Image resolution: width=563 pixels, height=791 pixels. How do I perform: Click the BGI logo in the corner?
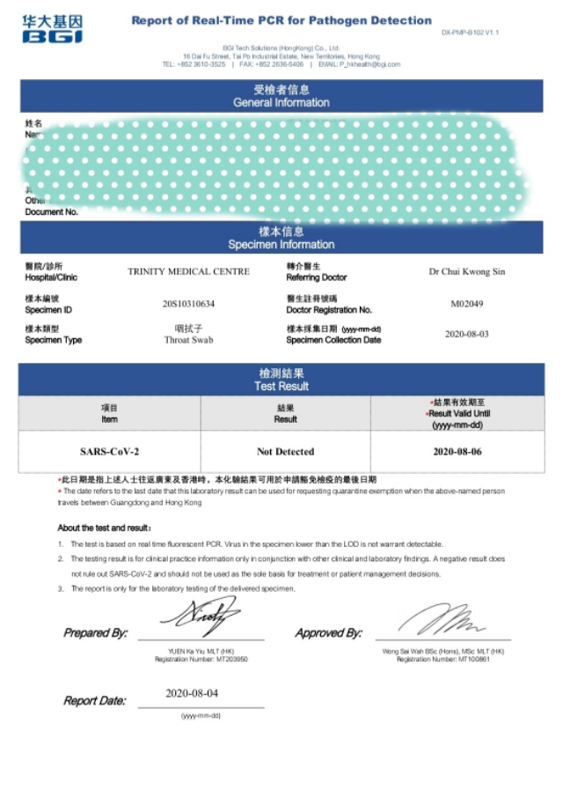[53, 29]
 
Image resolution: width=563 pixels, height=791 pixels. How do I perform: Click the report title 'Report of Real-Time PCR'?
[281, 20]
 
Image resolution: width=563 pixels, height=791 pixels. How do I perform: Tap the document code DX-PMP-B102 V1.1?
[470, 33]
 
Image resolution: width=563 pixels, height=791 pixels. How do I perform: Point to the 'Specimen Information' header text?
[281, 244]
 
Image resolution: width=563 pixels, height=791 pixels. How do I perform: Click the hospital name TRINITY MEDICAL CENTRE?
[188, 271]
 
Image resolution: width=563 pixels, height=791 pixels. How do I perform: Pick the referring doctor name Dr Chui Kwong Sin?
[466, 271]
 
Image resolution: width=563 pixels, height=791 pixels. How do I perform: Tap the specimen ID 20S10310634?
[188, 304]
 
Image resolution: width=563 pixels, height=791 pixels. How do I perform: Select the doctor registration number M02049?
[466, 304]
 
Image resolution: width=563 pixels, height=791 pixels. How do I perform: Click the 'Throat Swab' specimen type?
[188, 339]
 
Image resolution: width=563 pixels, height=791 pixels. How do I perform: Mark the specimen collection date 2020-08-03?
[466, 335]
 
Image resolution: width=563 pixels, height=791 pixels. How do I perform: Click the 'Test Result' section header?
[281, 386]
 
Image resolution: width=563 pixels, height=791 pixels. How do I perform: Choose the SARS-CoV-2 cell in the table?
[110, 452]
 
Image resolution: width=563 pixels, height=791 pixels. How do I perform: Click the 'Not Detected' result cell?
[285, 452]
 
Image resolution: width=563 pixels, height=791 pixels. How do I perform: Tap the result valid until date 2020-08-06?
[457, 452]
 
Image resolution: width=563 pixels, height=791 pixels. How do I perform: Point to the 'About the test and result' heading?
[104, 529]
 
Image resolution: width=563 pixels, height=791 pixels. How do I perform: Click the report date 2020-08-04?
[192, 693]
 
